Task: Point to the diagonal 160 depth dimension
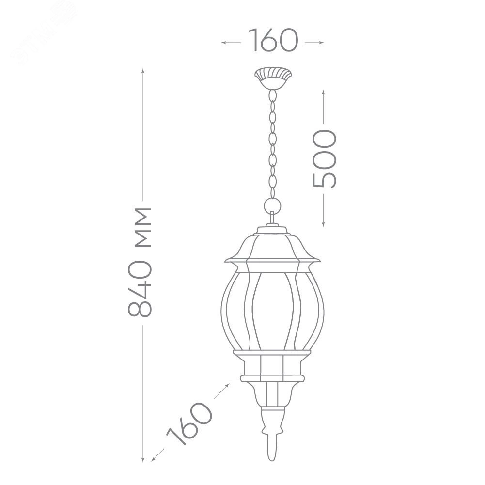click(189, 423)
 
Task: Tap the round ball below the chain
click(272, 205)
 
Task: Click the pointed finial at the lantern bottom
click(272, 449)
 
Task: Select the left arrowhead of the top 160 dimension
click(223, 42)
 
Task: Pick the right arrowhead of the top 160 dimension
click(322, 42)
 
